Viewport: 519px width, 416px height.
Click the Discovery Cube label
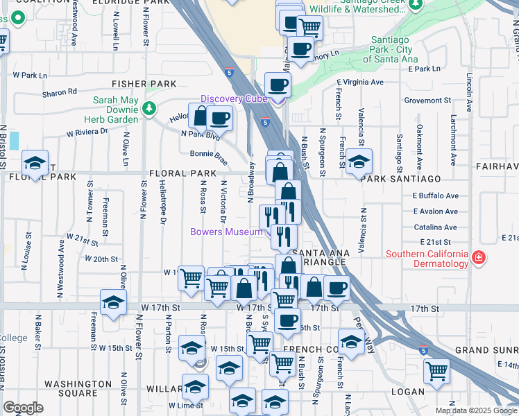(234, 98)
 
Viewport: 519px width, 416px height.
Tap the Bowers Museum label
(226, 232)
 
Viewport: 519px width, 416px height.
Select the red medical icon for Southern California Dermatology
(478, 258)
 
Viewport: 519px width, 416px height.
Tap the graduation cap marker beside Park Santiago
(358, 162)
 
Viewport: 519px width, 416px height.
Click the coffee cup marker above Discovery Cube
(278, 85)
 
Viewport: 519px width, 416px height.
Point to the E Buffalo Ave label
(435, 196)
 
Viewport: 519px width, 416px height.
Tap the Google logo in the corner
(23, 408)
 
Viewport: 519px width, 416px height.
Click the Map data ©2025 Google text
(475, 410)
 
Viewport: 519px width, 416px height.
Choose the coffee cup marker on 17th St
(337, 288)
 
